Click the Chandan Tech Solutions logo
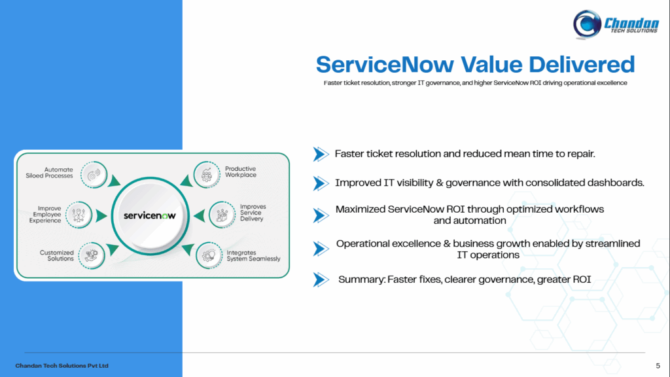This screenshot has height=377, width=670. point(616,24)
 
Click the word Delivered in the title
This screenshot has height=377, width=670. point(582,65)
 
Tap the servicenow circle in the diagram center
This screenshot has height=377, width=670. point(150,216)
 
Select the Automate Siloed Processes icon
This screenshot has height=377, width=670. point(94,174)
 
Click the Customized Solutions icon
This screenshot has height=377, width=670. point(92,256)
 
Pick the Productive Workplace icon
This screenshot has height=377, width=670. point(207,174)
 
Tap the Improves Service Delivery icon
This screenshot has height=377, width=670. point(222,215)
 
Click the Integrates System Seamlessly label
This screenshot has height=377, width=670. point(253,256)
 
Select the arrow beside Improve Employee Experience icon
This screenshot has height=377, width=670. point(101,216)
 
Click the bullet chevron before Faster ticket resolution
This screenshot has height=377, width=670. point(321,154)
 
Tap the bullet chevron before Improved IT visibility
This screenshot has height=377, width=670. point(321,183)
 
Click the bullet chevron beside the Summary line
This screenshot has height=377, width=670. point(321,280)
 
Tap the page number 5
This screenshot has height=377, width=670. point(658,366)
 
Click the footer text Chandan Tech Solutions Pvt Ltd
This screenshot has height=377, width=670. point(62,366)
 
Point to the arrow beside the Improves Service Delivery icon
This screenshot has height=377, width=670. point(199,216)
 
